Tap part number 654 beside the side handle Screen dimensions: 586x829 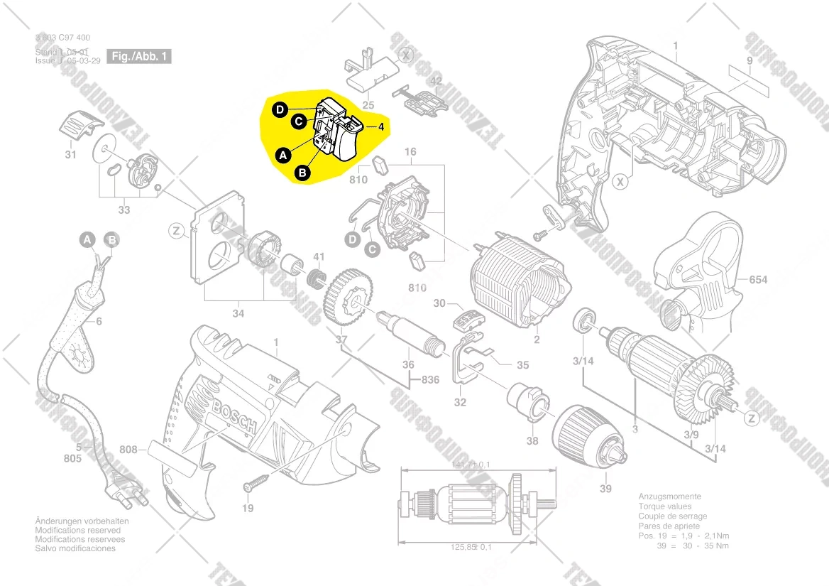point(758,280)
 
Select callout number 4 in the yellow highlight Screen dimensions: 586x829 point(381,127)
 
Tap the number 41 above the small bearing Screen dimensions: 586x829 point(319,256)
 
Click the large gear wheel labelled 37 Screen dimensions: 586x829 point(348,298)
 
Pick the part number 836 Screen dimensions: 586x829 point(431,379)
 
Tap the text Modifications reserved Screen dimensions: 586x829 point(77,530)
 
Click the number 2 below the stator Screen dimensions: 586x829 point(537,340)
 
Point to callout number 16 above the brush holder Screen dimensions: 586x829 point(410,152)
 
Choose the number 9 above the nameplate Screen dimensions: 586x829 point(749,60)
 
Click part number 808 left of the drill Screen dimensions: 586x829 point(128,449)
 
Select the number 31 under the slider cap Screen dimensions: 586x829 point(70,155)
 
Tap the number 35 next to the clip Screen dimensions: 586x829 point(522,365)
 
